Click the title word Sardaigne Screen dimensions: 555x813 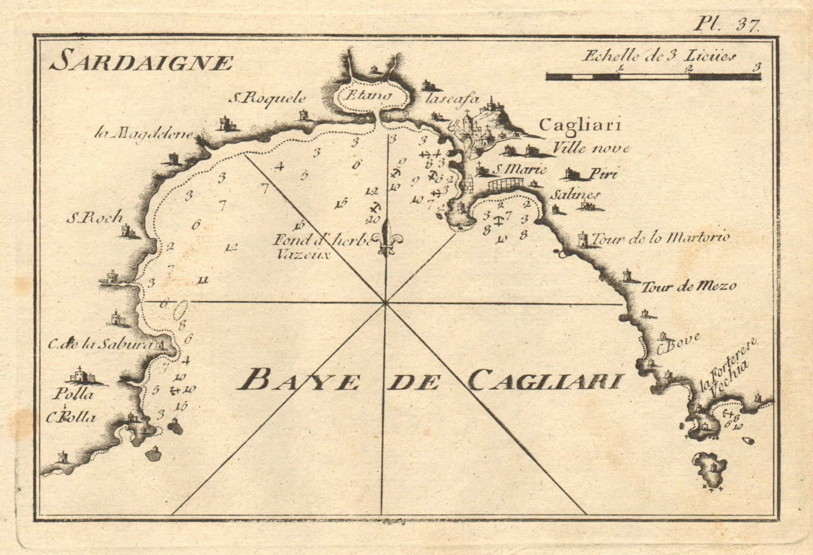point(142,63)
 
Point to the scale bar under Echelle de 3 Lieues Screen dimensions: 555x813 point(653,77)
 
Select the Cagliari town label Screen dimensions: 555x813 point(576,125)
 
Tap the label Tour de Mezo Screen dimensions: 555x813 point(689,287)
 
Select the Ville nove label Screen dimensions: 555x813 point(590,148)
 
